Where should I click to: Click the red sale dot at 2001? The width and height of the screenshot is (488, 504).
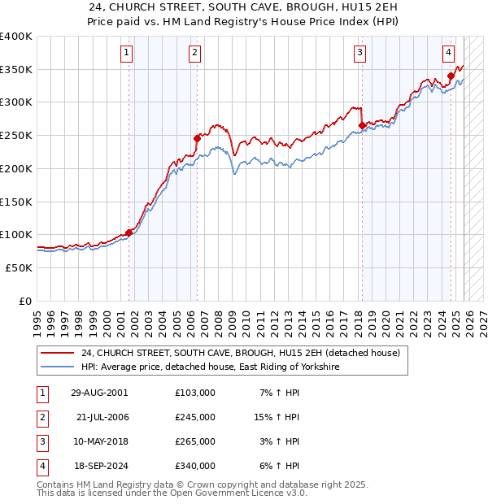[129, 232]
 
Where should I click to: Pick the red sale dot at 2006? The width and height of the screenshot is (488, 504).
[196, 138]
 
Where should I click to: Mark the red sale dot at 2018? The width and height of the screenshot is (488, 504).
[361, 125]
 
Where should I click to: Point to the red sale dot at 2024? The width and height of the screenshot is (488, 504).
[450, 76]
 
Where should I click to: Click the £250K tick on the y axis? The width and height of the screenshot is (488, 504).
[16, 135]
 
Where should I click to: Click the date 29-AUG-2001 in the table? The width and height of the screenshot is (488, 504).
[100, 393]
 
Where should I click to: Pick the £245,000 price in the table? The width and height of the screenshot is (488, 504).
[195, 417]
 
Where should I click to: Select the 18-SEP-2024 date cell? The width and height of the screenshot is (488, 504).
[100, 466]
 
